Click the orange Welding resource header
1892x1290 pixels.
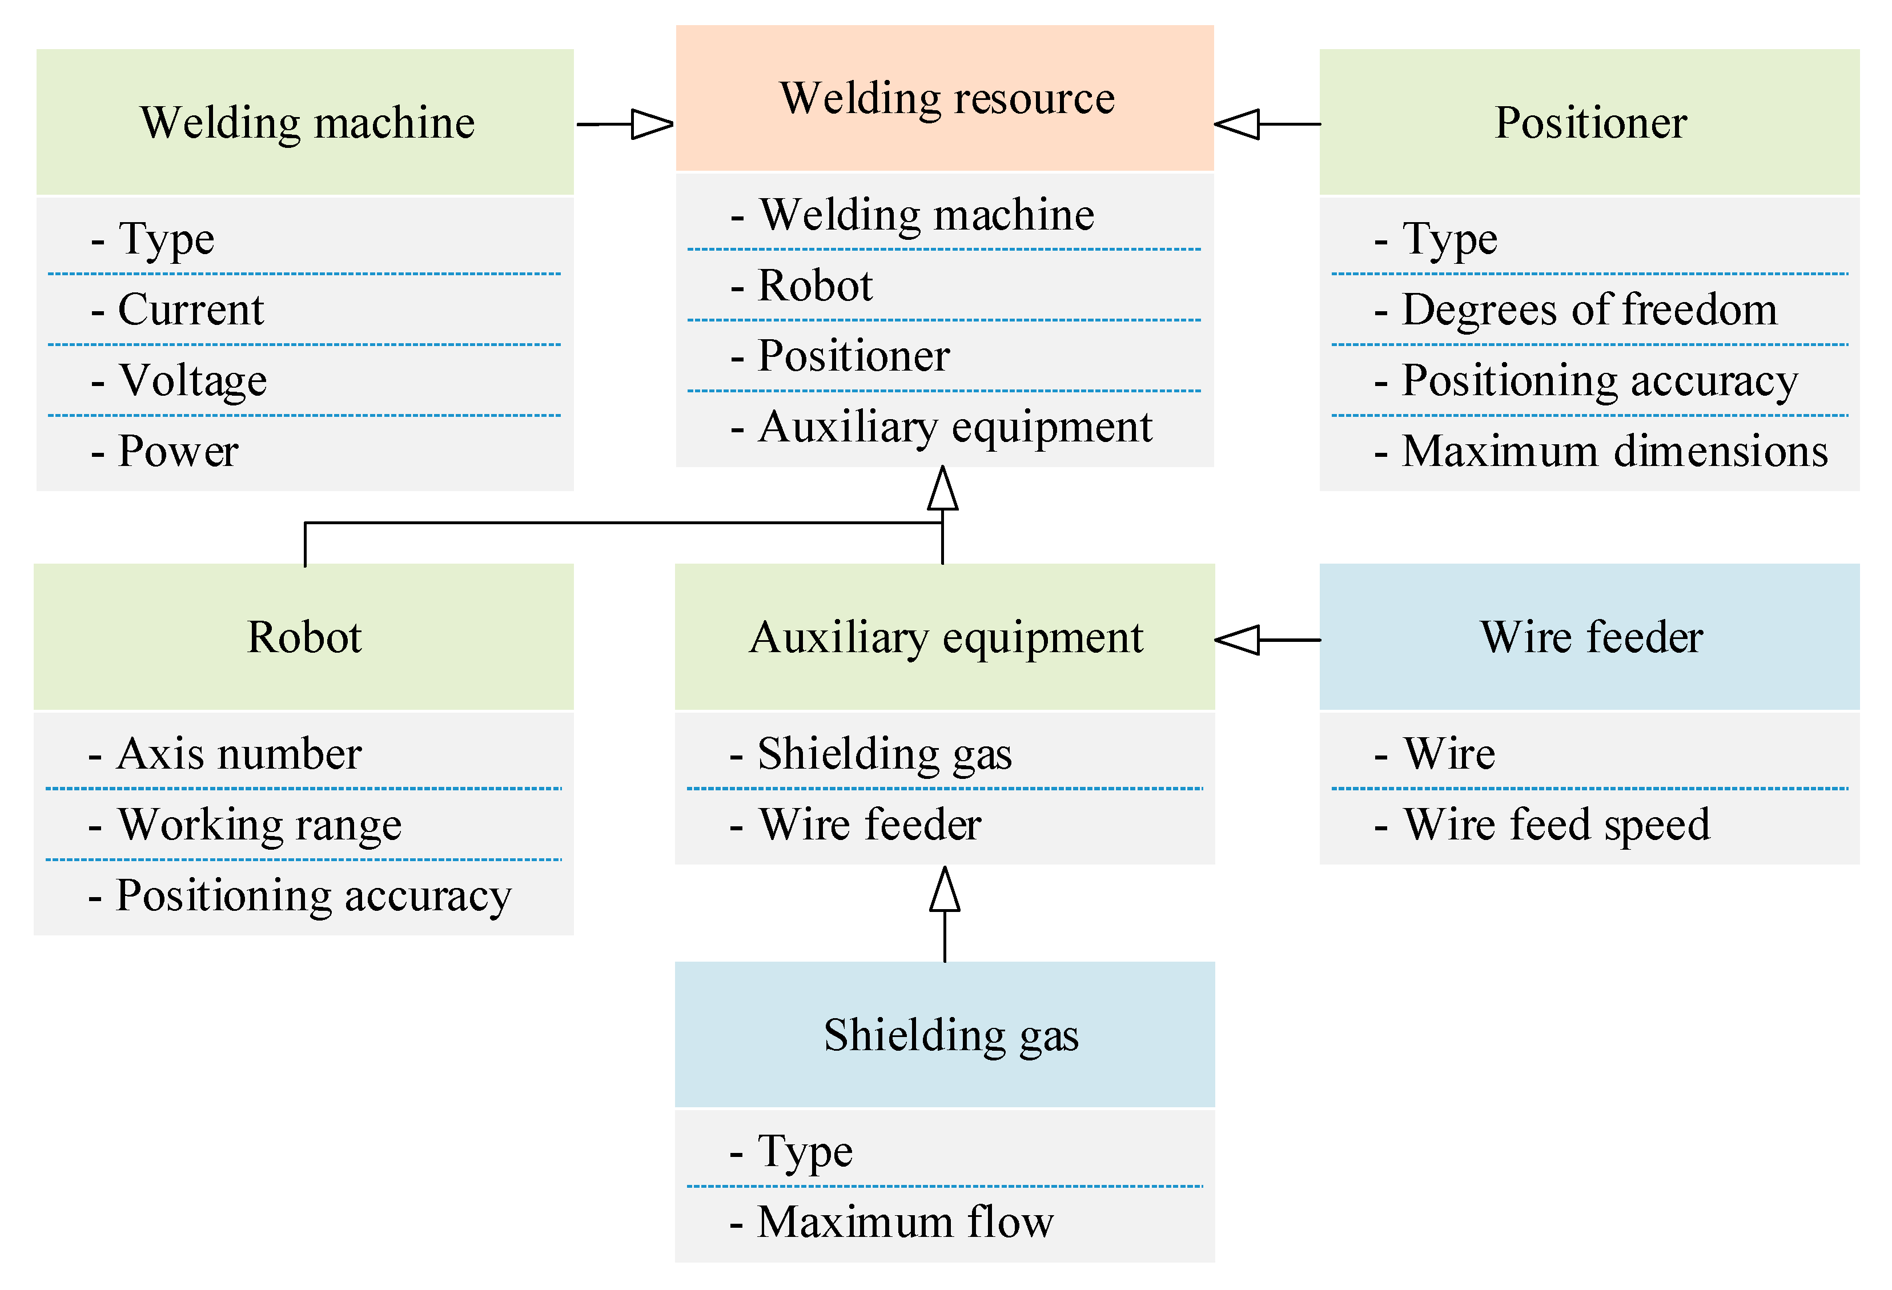pyautogui.click(x=945, y=98)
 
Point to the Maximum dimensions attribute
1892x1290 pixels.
pyautogui.click(x=1613, y=451)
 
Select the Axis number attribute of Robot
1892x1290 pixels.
pyautogui.click(x=238, y=754)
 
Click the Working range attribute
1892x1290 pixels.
pyautogui.click(x=259, y=825)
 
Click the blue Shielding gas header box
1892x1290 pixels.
pyautogui.click(x=945, y=1034)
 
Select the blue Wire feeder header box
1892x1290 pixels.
pyautogui.click(x=1589, y=637)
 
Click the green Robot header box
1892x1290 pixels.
pyautogui.click(x=304, y=637)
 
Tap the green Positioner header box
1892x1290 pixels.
pyautogui.click(x=1589, y=122)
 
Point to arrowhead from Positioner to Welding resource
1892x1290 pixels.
pyautogui.click(x=1238, y=124)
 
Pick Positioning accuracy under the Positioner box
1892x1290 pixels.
pyautogui.click(x=1599, y=380)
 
